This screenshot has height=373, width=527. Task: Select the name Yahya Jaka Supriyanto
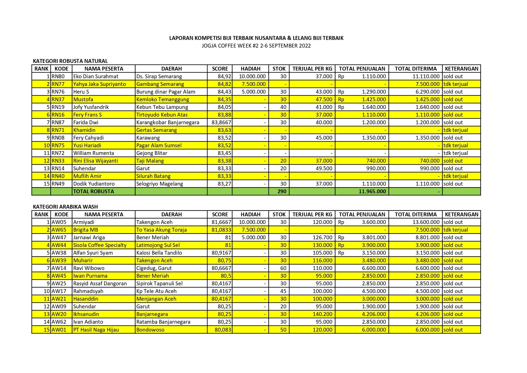pos(99,84)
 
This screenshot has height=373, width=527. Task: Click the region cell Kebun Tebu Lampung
pos(162,107)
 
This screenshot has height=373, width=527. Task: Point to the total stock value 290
pos(282,191)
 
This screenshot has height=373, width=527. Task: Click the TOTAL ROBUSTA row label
pos(93,191)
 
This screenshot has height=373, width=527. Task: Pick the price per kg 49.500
pos(324,168)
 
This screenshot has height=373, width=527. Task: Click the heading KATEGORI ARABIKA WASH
pos(65,207)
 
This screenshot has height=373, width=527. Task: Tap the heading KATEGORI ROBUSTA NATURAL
pos(70,61)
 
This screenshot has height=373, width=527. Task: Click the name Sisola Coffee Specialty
pos(100,245)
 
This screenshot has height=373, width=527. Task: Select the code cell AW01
pos(59,330)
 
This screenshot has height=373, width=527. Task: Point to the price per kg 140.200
pos(322,314)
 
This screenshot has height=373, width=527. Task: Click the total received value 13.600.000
pos(426,222)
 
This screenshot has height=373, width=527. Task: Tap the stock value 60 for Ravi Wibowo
pos(283,268)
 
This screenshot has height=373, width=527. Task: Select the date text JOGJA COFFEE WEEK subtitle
pos(256,46)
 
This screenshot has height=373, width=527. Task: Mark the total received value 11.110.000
pos(426,76)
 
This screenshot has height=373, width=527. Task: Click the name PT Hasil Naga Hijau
pos(96,330)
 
